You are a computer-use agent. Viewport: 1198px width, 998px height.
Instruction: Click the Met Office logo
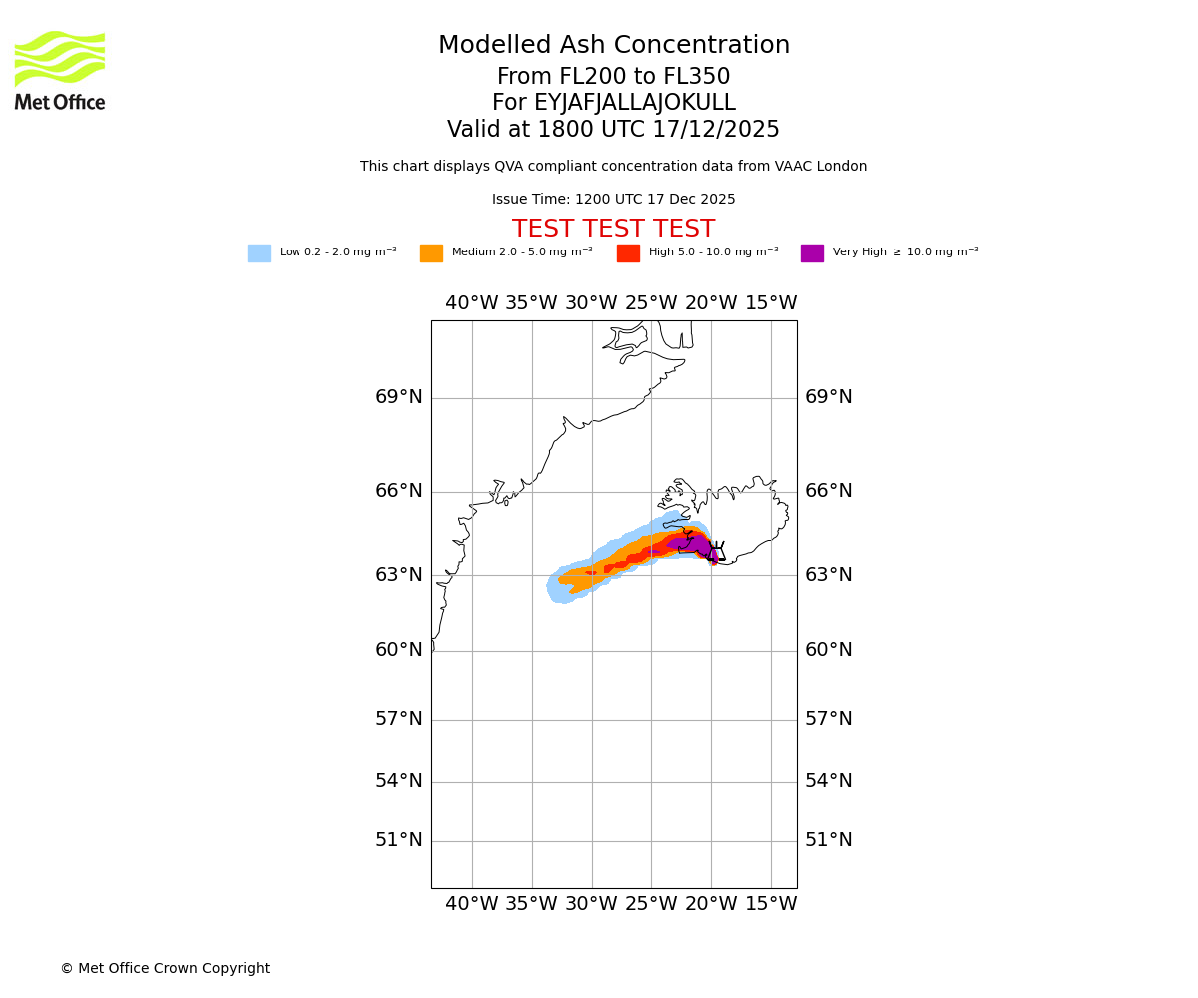pyautogui.click(x=60, y=70)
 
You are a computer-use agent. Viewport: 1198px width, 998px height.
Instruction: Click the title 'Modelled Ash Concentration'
pyautogui.click(x=614, y=46)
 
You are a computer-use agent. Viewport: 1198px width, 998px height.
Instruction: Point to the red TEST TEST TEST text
pyautogui.click(x=613, y=229)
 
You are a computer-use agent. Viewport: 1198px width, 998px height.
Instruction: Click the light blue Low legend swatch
pyautogui.click(x=259, y=253)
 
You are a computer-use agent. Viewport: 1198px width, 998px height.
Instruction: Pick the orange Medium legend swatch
pyautogui.click(x=431, y=253)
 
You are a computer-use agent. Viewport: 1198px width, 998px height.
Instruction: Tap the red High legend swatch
pyautogui.click(x=628, y=253)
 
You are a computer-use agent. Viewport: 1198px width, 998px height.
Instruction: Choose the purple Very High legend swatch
pyautogui.click(x=812, y=253)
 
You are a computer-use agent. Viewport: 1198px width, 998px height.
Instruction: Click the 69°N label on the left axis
pyautogui.click(x=399, y=397)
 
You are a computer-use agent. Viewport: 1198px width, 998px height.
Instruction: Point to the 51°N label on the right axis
pyautogui.click(x=829, y=840)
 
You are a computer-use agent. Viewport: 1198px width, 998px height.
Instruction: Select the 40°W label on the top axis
pyautogui.click(x=471, y=303)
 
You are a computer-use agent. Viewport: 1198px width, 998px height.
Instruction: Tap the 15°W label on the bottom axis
pyautogui.click(x=771, y=904)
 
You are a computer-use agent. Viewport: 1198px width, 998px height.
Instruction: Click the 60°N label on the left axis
pyautogui.click(x=399, y=650)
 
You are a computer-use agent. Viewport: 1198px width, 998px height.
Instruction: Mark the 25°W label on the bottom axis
pyautogui.click(x=651, y=904)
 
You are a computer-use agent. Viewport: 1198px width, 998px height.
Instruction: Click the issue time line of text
pyautogui.click(x=613, y=200)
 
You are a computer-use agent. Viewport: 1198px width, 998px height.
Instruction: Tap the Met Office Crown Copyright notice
pyautogui.click(x=165, y=969)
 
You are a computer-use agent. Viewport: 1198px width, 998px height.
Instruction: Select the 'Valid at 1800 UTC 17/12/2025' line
pyautogui.click(x=613, y=130)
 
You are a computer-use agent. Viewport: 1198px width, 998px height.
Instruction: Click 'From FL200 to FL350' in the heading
pyautogui.click(x=613, y=77)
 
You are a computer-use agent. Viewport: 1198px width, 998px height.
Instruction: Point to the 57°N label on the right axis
pyautogui.click(x=829, y=719)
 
